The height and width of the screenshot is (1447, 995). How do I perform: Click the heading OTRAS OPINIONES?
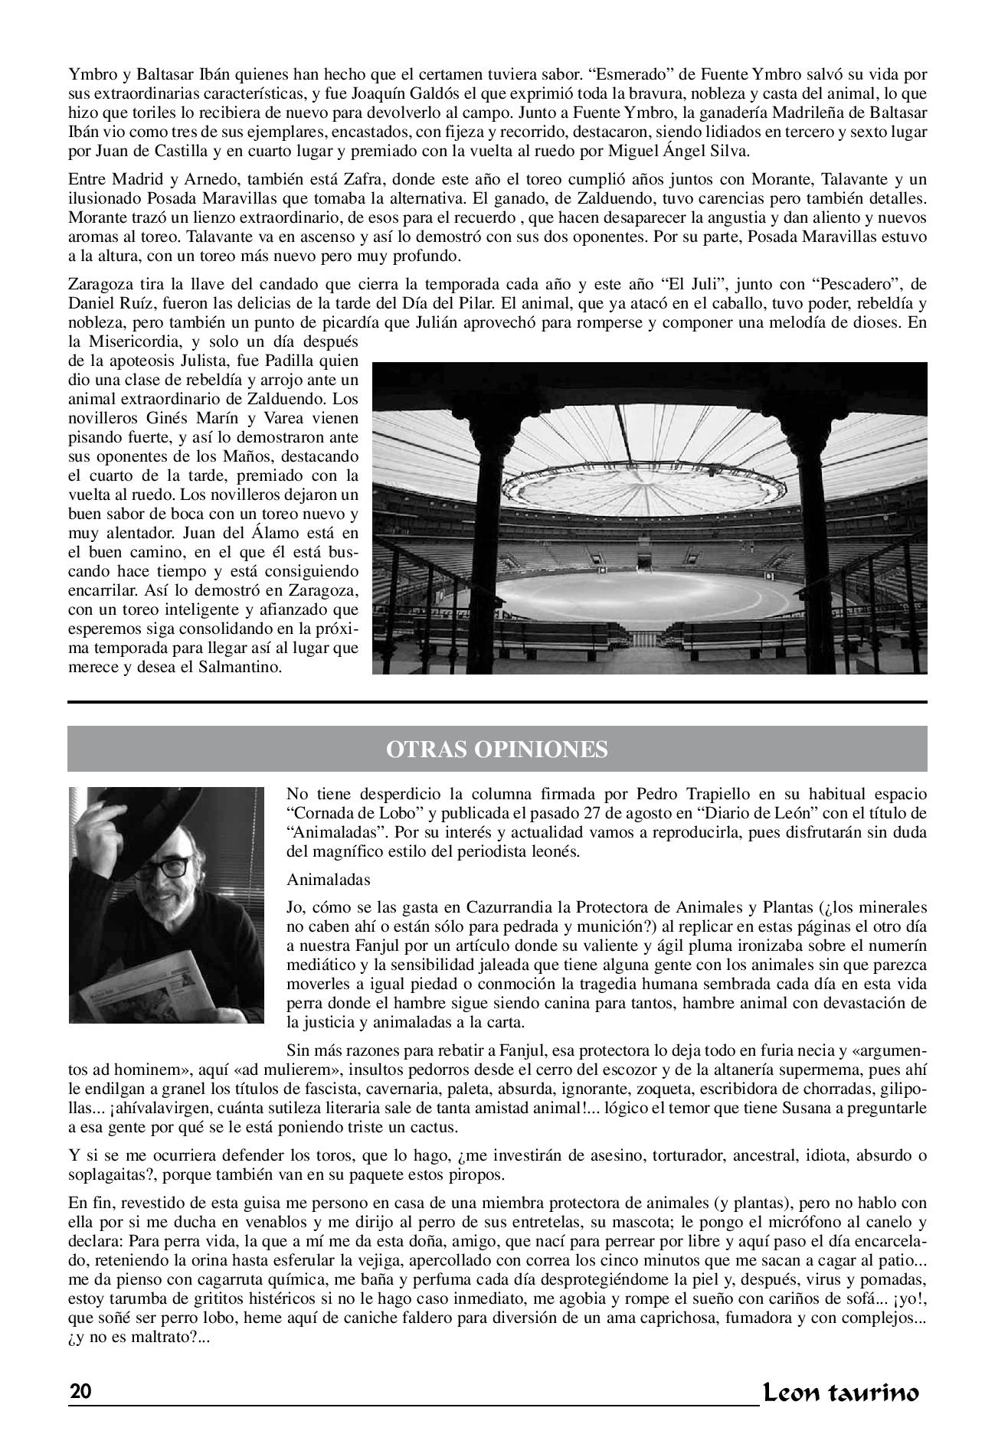point(497,749)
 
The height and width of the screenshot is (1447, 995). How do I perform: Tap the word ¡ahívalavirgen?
point(133,1108)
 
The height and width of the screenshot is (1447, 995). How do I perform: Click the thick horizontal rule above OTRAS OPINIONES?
point(497,702)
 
